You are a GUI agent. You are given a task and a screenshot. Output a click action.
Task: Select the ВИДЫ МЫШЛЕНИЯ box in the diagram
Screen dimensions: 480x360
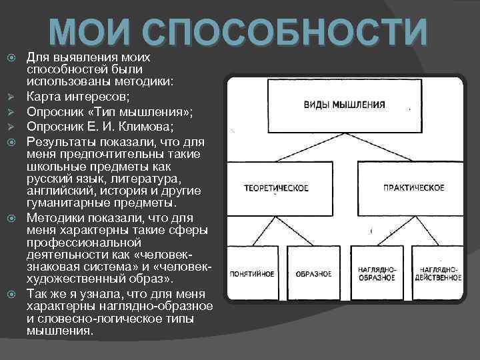click(x=344, y=105)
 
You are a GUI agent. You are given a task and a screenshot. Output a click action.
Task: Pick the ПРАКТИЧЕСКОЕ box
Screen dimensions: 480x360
click(x=413, y=187)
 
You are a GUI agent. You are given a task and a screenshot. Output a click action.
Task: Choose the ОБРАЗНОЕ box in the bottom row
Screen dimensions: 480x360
click(x=311, y=273)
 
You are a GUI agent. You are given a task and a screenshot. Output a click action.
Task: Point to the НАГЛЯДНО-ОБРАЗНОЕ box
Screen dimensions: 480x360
click(x=377, y=273)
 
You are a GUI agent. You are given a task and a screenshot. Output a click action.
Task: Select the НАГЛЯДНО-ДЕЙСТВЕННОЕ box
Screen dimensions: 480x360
click(x=437, y=273)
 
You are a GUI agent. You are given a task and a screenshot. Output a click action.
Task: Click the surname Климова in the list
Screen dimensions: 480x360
click(x=151, y=127)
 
